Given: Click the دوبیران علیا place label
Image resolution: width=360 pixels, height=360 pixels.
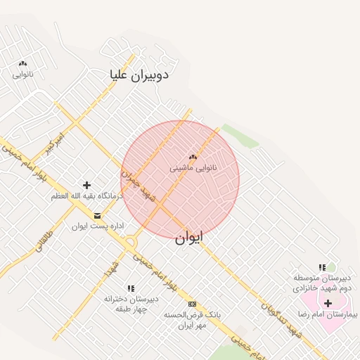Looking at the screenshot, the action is click(139, 75).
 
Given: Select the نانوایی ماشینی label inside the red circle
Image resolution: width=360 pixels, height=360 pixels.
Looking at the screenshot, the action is click(193, 169).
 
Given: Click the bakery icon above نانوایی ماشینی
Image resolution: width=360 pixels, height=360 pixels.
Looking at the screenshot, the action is click(193, 157).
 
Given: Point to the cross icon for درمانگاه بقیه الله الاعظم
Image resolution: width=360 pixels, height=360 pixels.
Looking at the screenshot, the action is click(86, 185).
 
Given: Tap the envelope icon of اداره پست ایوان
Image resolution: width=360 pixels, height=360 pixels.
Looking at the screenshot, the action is click(96, 215).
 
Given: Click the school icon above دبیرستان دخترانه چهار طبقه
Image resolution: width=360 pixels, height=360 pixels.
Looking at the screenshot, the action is click(131, 288).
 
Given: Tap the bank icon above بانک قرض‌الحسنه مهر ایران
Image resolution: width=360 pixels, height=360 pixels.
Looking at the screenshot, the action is click(193, 304).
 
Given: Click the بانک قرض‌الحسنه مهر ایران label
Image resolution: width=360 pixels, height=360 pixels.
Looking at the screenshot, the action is click(192, 320).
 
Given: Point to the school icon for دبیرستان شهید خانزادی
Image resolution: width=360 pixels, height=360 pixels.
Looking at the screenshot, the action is click(322, 267).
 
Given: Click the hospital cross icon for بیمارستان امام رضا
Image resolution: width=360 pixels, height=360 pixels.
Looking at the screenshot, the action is click(328, 302).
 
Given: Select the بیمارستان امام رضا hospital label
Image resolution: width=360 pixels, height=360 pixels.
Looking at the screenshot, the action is click(328, 314).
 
